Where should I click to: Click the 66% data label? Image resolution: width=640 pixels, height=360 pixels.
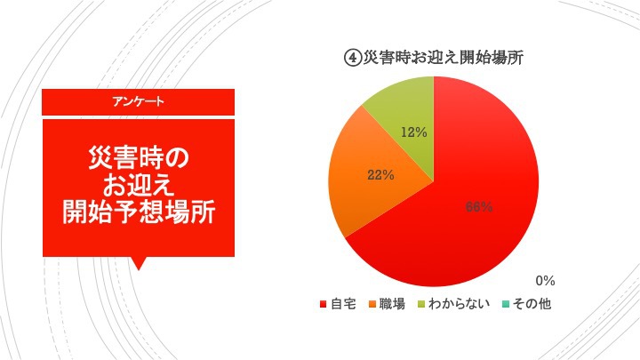[479, 207]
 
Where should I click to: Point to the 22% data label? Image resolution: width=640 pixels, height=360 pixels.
[380, 175]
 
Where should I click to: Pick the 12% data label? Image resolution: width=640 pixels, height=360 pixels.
[414, 132]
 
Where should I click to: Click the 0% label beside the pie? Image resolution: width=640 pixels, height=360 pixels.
[545, 281]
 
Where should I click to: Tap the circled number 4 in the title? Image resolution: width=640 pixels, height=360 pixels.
[353, 58]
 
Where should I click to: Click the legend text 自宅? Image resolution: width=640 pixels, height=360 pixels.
[343, 304]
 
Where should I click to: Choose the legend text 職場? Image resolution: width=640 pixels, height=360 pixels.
[392, 304]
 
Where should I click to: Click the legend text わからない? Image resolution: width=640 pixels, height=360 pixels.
[459, 304]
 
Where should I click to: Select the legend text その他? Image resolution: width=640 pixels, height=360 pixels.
[532, 304]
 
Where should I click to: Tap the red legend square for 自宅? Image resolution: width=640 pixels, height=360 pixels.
[324, 304]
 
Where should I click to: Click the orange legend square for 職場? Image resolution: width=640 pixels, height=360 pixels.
[372, 304]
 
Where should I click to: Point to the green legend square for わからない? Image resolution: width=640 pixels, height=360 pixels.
[421, 304]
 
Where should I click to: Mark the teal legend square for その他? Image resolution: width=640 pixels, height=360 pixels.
[505, 304]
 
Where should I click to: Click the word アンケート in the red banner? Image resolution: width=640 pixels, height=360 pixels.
[139, 101]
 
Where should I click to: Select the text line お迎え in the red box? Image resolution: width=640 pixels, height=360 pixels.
[139, 185]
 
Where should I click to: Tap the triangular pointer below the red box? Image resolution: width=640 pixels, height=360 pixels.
[139, 263]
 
